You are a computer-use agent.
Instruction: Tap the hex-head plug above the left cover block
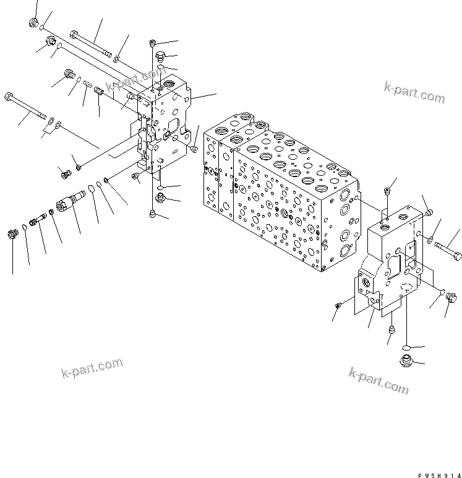pyautogui.click(x=160, y=54)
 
